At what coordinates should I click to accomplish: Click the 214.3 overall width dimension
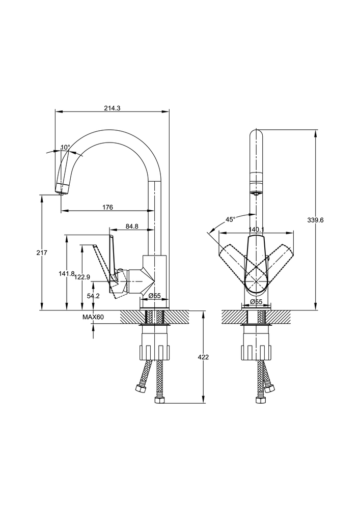[112, 108]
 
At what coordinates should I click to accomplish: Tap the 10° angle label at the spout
[65, 148]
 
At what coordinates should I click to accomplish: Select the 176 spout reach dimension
[107, 207]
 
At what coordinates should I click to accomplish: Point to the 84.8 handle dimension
[131, 226]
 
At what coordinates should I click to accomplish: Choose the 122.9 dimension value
[82, 277]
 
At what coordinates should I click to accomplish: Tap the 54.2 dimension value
[93, 296]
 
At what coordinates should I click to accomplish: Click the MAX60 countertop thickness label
[93, 317]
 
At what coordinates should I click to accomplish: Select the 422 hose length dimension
[203, 357]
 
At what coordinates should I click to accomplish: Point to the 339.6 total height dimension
[316, 220]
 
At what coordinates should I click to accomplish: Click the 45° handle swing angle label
[231, 219]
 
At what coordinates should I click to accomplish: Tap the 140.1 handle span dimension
[256, 230]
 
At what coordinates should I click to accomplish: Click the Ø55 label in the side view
[154, 296]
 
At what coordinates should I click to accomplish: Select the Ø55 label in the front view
[256, 302]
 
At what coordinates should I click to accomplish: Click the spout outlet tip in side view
[62, 190]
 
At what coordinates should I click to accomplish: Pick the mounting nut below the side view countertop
[154, 351]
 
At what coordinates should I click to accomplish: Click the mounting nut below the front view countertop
[256, 351]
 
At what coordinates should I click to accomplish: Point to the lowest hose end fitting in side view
[159, 400]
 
